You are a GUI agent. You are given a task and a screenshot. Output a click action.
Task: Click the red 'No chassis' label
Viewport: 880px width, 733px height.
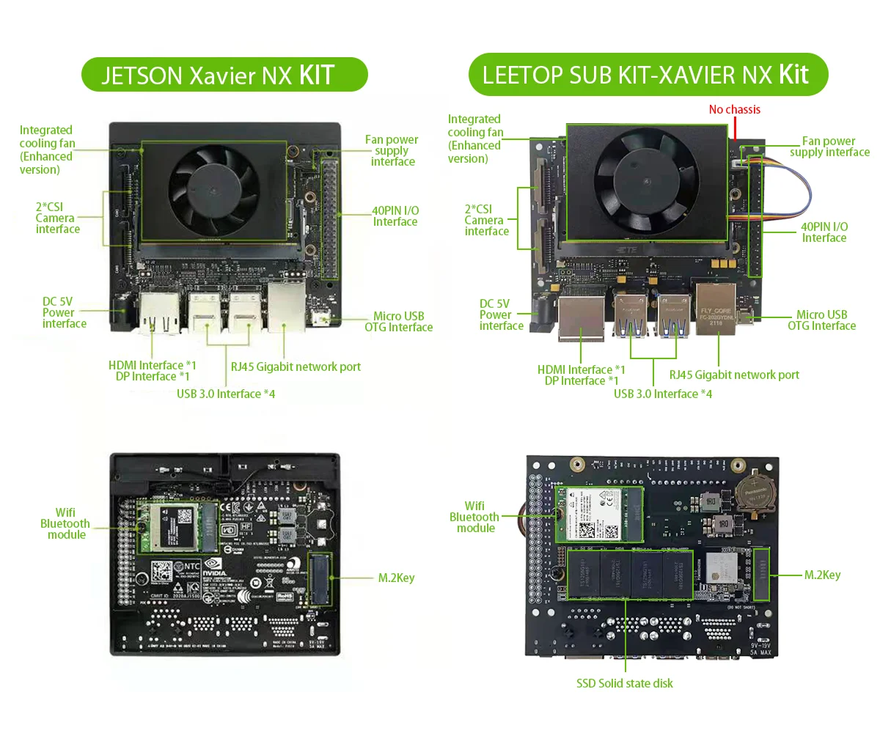tap(734, 110)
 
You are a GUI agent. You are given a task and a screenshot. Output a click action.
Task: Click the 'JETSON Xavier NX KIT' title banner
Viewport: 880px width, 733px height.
tap(224, 75)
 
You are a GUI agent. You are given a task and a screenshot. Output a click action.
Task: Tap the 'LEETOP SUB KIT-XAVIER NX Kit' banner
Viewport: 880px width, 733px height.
tap(648, 74)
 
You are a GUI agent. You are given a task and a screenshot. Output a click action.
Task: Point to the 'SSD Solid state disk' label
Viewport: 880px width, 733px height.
tap(624, 683)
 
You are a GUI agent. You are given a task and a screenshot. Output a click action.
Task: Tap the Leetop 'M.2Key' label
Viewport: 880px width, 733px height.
tap(822, 575)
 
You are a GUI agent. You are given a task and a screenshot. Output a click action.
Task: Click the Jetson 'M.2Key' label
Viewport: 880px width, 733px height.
tap(396, 578)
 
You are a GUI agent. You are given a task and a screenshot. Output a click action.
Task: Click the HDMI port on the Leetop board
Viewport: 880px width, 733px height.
tap(582, 317)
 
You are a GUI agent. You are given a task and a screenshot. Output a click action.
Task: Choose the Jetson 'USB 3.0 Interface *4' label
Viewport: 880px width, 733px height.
tap(226, 394)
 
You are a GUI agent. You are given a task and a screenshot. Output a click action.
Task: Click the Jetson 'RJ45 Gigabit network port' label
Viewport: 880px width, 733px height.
tap(296, 366)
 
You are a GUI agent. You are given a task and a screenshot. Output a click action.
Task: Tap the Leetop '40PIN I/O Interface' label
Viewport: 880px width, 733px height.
tap(824, 232)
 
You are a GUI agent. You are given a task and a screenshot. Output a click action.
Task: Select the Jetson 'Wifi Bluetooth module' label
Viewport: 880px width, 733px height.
tap(65, 523)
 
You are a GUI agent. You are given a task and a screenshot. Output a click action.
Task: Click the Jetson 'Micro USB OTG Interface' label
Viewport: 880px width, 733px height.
tap(398, 322)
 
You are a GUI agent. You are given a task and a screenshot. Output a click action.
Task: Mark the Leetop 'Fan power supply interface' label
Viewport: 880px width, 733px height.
tap(829, 147)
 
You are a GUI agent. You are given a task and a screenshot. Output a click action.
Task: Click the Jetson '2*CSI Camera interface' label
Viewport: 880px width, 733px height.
tap(57, 218)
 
